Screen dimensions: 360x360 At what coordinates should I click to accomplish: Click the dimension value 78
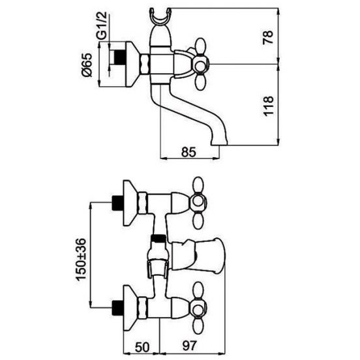coord(268,37)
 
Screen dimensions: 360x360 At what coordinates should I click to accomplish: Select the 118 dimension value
coord(268,106)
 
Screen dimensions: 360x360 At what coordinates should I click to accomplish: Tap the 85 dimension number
coord(188,152)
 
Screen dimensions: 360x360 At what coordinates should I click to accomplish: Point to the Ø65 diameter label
coord(87,65)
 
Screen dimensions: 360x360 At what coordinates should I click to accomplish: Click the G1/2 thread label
coord(101,25)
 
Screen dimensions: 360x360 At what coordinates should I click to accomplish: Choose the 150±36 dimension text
coord(81,260)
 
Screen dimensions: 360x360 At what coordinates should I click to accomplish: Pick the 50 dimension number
coord(142,347)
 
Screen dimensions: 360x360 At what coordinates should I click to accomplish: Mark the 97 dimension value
coord(190,346)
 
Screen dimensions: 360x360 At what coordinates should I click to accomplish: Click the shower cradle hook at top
coord(160,16)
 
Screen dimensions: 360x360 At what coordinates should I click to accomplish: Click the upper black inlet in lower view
coord(117,203)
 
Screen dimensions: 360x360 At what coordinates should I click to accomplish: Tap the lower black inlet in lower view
coord(117,307)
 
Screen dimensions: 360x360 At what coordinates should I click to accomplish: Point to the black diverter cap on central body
coord(158,239)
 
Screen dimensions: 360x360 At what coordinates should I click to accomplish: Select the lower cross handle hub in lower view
coord(198,307)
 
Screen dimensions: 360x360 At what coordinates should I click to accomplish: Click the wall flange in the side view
coord(132,65)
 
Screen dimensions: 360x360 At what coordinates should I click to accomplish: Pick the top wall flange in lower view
coord(130,203)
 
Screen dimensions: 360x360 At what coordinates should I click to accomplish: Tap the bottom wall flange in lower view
coord(130,308)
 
